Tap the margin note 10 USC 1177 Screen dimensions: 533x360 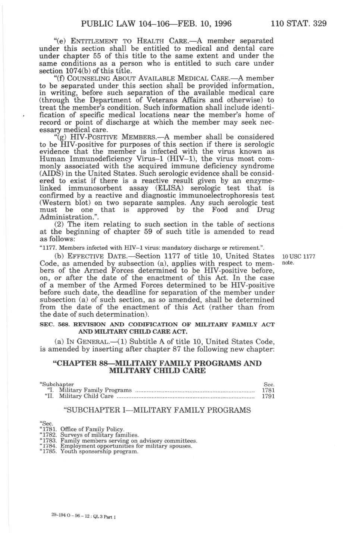(x=298, y=256)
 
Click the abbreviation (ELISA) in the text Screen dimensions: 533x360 (x=166, y=188)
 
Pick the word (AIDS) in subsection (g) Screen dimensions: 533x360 (x=49, y=174)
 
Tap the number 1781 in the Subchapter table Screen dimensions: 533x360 (x=268, y=390)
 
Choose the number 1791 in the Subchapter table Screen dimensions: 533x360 (x=268, y=396)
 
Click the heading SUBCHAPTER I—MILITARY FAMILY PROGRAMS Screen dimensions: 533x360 (x=157, y=410)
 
